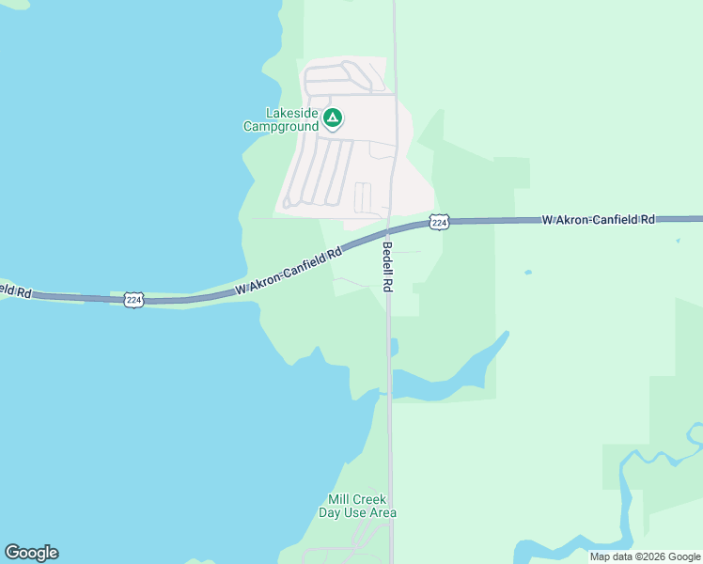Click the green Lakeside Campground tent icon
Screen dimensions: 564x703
coord(332,118)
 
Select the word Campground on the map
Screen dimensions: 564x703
coord(280,126)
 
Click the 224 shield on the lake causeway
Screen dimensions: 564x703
coord(133,300)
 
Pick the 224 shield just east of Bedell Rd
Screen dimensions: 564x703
coord(438,222)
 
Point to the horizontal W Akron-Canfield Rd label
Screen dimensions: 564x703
coord(598,219)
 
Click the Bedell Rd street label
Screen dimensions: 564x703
coord(387,266)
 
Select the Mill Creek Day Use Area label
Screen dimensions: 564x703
coord(357,506)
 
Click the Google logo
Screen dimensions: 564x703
coord(31,553)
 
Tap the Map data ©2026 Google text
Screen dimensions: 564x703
coord(644,556)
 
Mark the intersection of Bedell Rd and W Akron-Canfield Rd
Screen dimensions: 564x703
coord(390,231)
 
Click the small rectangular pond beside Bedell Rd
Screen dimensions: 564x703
coord(394,347)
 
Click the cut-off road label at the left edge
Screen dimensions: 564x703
coord(15,290)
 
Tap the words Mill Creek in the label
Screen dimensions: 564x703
coord(357,499)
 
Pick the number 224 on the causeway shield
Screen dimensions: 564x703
coord(133,300)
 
